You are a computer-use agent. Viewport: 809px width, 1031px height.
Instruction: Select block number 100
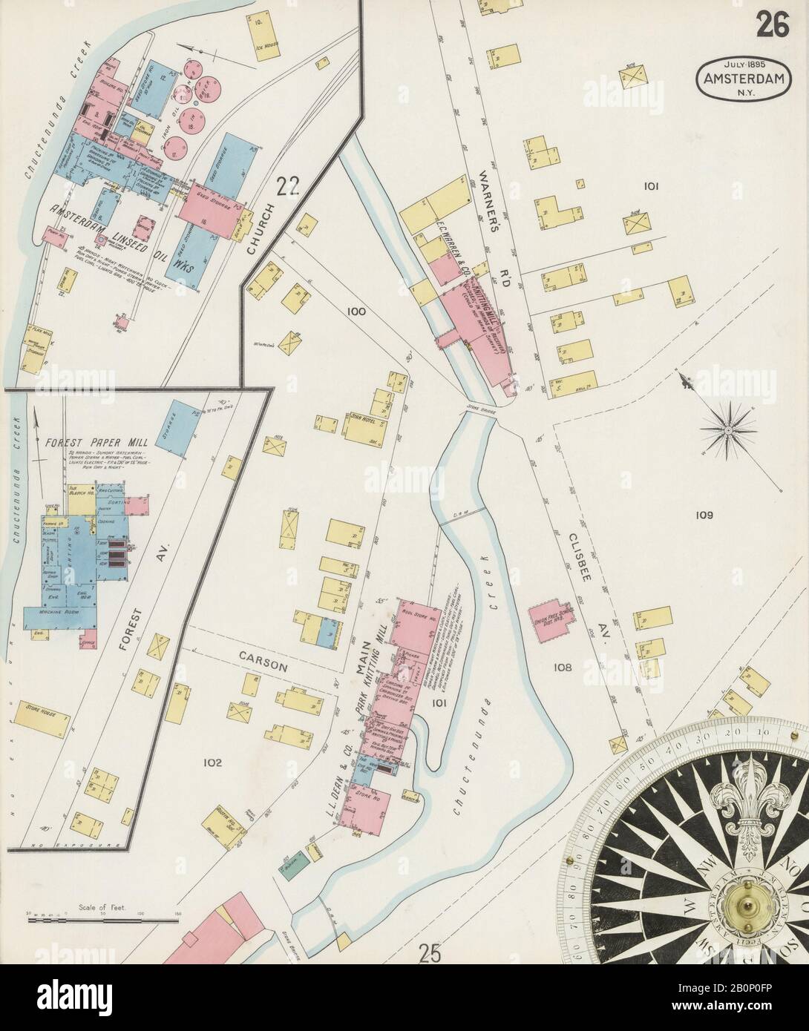pos(356,312)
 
